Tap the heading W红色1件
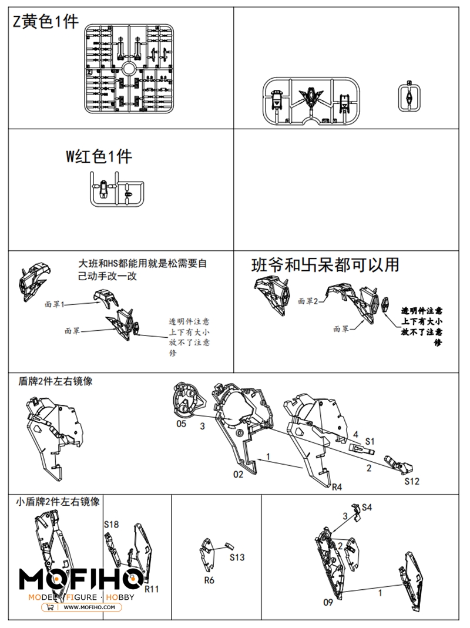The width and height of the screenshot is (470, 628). pyautogui.click(x=99, y=156)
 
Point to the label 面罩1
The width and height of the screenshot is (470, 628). pyautogui.click(x=54, y=304)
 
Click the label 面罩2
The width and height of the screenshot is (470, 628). pyautogui.click(x=307, y=301)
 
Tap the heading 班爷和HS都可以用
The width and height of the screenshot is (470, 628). pyautogui.click(x=325, y=265)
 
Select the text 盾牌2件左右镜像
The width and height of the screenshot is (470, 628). pyautogui.click(x=55, y=381)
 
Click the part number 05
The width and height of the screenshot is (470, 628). pyautogui.click(x=181, y=423)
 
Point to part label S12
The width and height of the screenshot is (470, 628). pyautogui.click(x=412, y=481)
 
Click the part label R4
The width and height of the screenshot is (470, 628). pyautogui.click(x=337, y=487)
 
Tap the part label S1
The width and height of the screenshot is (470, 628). pyautogui.click(x=370, y=440)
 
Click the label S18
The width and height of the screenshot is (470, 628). pyautogui.click(x=111, y=524)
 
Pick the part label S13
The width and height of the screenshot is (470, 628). pyautogui.click(x=237, y=557)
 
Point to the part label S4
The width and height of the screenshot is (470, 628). pyautogui.click(x=367, y=506)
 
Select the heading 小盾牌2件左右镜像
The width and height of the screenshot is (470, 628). pyautogui.click(x=58, y=501)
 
